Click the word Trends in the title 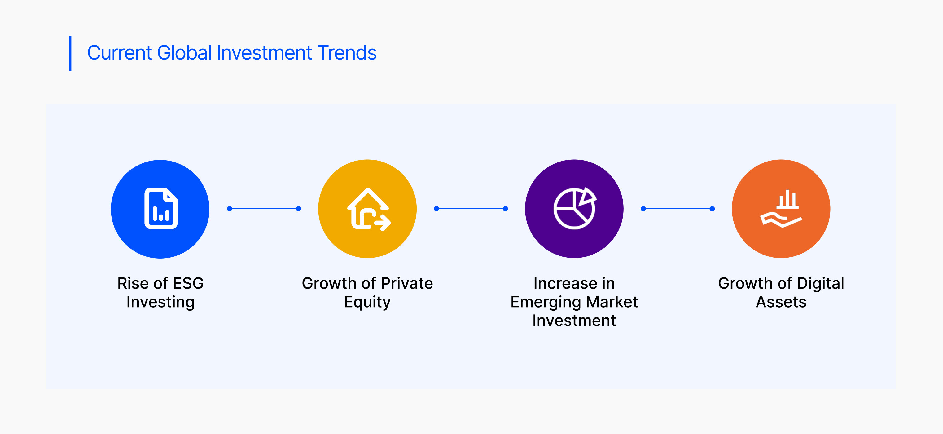pos(347,53)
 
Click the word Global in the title pos(185,53)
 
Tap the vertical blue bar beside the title pos(70,53)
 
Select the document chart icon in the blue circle pos(161,208)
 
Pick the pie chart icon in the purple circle pos(575,208)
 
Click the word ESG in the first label pos(188,283)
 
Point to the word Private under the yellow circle pos(407,283)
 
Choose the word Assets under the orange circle pos(781,302)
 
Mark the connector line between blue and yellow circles pos(264,209)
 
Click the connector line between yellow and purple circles pos(471,209)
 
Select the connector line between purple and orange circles pos(678,209)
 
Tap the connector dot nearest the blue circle pos(230,209)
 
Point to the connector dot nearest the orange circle pos(712,209)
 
